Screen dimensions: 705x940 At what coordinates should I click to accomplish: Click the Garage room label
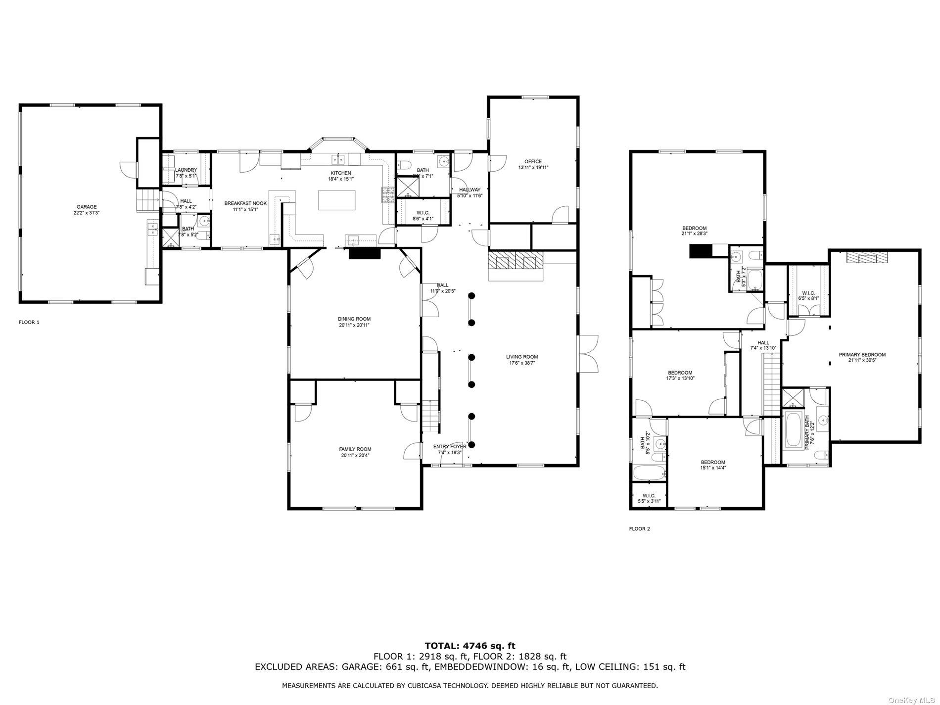[86, 207]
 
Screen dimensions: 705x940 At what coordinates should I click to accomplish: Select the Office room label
[533, 161]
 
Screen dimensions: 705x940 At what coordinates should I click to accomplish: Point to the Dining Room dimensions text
[354, 325]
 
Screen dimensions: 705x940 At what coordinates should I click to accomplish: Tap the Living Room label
[521, 357]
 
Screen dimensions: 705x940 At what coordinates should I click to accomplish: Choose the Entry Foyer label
[449, 446]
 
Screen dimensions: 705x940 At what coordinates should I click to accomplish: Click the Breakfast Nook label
[245, 203]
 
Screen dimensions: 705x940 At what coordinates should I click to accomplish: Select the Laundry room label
[186, 170]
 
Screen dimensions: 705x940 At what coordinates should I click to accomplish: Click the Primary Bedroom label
[862, 355]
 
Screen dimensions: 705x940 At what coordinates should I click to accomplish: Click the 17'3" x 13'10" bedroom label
[680, 373]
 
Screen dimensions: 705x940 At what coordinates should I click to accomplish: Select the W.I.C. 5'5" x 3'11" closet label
[649, 496]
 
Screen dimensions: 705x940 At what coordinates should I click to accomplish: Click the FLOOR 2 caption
[639, 529]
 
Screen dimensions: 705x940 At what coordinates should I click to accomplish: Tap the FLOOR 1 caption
[29, 322]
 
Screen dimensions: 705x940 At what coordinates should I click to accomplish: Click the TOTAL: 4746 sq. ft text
[470, 646]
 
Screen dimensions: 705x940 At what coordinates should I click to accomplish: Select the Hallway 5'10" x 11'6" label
[469, 189]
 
